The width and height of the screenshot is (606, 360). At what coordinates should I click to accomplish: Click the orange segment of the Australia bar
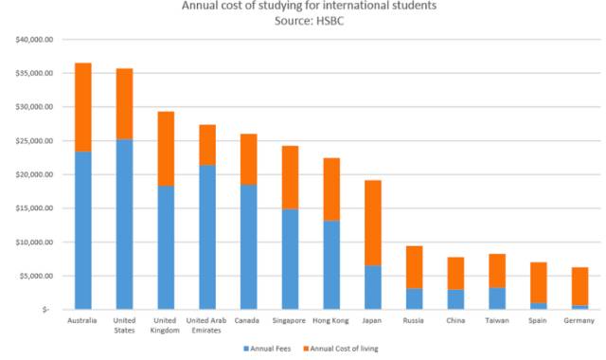coord(83,107)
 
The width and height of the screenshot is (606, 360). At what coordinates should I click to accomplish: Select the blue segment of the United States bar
coord(124,225)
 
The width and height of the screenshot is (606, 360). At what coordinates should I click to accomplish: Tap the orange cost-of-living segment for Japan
coord(373,223)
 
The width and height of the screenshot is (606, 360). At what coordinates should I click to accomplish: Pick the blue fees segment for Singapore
coord(291,259)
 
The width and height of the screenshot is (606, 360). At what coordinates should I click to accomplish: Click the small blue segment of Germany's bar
coord(580,307)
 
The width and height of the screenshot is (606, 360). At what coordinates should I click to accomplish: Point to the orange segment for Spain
coord(539,282)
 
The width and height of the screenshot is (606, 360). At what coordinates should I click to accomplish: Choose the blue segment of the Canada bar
coord(249,247)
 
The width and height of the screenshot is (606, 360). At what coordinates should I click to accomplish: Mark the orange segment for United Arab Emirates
coord(207,145)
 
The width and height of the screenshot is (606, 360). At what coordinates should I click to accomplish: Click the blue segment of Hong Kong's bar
coord(331,265)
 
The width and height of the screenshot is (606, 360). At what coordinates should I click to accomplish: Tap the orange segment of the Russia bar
coord(415,267)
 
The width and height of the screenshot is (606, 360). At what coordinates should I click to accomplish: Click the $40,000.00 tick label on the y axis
coord(34,40)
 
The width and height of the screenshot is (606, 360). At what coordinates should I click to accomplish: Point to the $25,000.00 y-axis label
coord(34,141)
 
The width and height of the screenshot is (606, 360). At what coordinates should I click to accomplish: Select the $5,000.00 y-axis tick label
coord(36,276)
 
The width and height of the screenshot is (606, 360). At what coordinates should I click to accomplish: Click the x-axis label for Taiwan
coord(497,320)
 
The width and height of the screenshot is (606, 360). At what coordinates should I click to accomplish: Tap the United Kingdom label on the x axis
coord(165,326)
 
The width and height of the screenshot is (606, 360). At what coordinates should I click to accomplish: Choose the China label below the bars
coord(455,320)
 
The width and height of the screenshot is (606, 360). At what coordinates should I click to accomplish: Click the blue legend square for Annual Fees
coord(246,349)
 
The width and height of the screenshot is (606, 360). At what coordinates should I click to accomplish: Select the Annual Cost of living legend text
coord(344,349)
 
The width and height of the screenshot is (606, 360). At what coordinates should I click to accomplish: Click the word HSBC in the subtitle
coord(330,21)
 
